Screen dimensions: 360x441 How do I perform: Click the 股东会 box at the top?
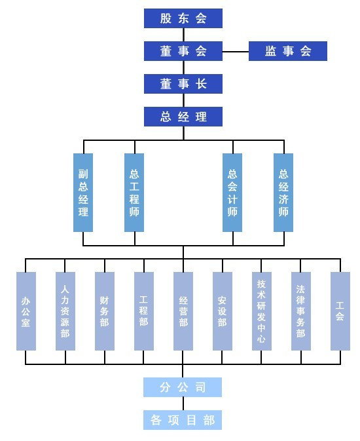[x=183, y=18]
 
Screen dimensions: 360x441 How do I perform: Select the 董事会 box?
[x=183, y=51]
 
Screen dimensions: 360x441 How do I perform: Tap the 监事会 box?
[x=288, y=51]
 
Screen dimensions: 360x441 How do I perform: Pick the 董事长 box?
[x=183, y=84]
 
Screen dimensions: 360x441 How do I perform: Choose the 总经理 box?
[x=183, y=117]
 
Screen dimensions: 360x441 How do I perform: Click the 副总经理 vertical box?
[x=83, y=193]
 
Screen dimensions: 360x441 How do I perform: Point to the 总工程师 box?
[x=134, y=193]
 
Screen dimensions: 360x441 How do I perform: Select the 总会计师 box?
[x=232, y=193]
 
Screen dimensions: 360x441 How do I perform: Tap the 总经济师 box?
[x=283, y=193]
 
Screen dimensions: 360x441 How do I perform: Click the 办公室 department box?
[x=26, y=311]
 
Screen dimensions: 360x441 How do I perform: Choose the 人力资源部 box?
[x=65, y=311]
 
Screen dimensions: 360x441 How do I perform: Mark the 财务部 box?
[x=105, y=311]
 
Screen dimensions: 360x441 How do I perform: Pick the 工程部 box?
[x=144, y=311]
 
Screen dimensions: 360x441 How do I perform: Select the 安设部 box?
[x=223, y=311]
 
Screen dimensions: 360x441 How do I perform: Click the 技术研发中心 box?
[x=262, y=311]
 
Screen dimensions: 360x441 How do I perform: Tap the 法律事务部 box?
[x=301, y=311]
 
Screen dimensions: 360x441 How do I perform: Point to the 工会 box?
[x=340, y=311]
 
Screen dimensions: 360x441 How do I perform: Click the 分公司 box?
[x=183, y=387]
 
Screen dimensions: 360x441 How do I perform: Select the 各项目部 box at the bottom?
[x=183, y=420]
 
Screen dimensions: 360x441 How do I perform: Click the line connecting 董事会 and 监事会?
[x=236, y=52]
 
